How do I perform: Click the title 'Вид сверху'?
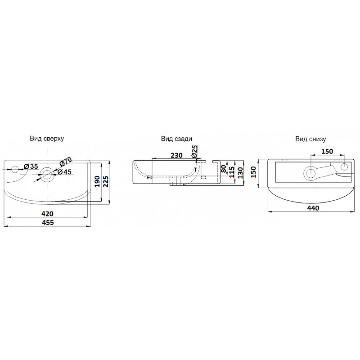coord(47,139)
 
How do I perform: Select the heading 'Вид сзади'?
coord(176,139)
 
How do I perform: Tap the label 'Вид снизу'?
coord(310,139)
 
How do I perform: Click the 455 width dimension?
coord(48,222)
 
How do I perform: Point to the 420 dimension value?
coord(48,214)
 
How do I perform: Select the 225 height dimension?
coord(106,182)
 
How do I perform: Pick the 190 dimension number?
coord(97,181)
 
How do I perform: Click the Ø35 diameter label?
coord(31,166)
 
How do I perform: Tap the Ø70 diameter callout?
coord(66,162)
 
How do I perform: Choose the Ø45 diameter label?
coord(64,172)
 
